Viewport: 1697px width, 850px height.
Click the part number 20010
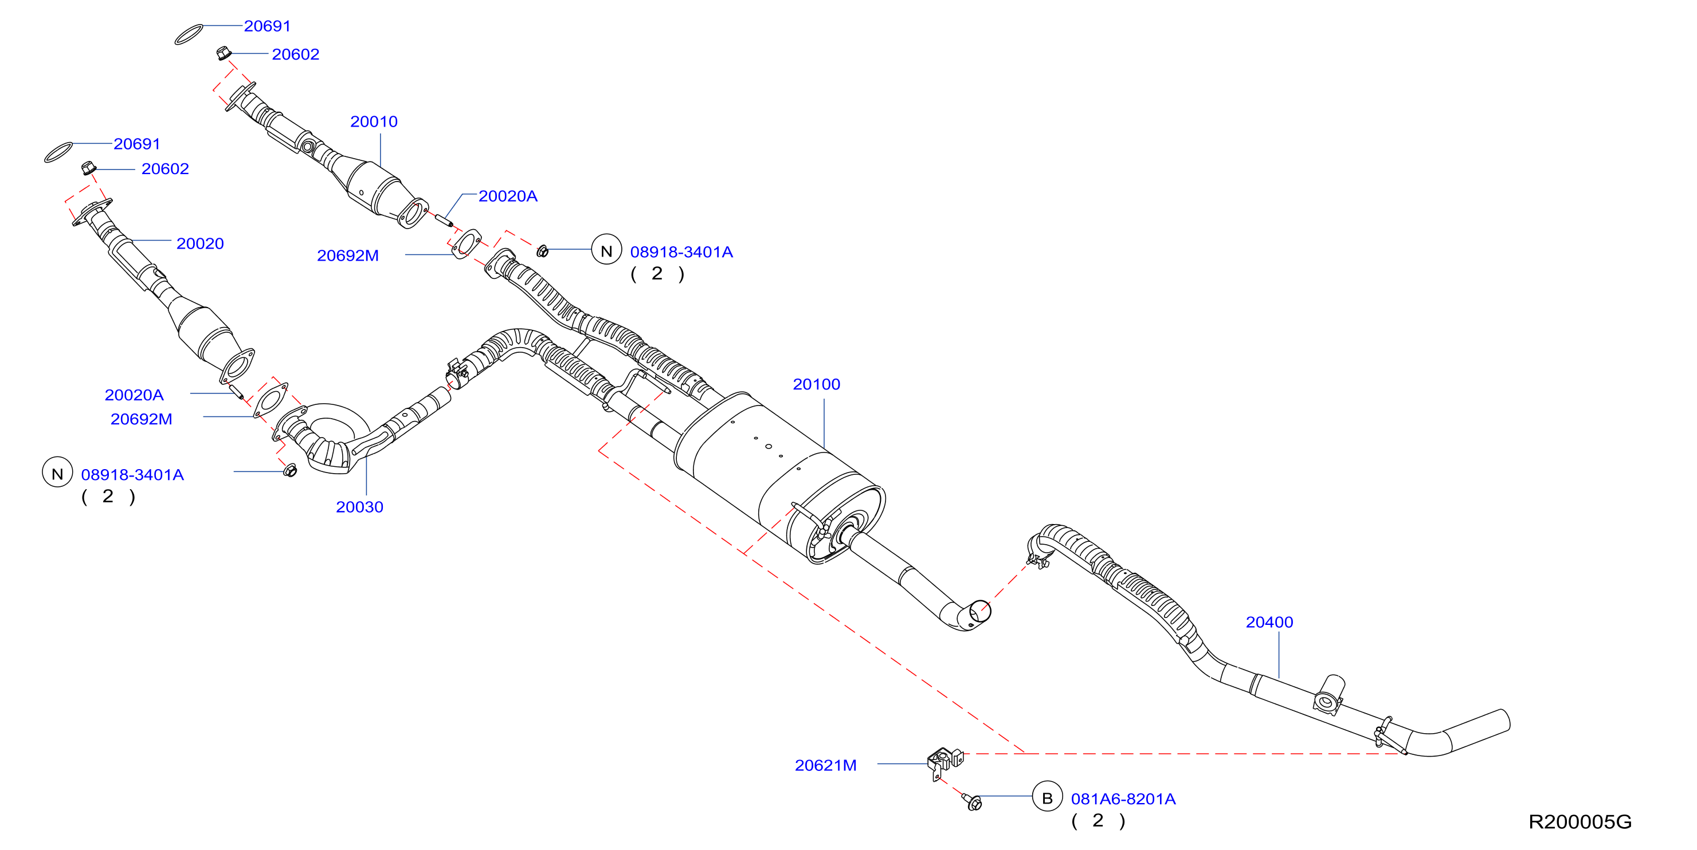point(374,122)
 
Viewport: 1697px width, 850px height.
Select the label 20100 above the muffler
point(816,384)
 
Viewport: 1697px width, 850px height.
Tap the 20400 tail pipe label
point(1269,622)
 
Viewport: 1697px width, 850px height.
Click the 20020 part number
point(199,243)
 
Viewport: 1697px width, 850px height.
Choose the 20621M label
point(825,765)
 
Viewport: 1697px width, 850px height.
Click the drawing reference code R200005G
point(1580,822)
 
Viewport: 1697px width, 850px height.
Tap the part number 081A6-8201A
point(1123,798)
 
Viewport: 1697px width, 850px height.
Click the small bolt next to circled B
point(973,802)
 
